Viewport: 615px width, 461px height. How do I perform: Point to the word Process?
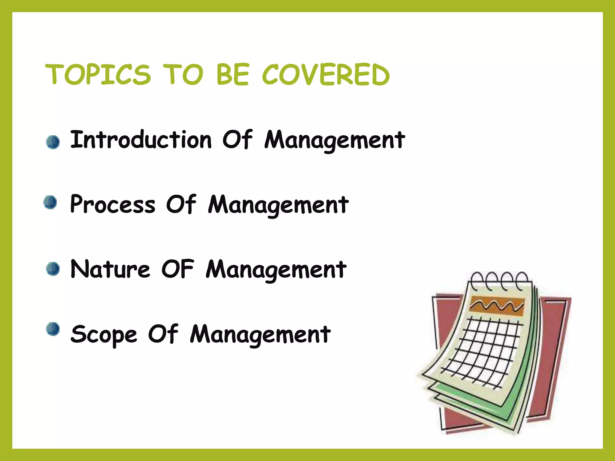[113, 204]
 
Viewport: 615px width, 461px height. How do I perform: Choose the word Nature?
[110, 269]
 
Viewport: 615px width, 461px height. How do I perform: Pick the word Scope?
[104, 334]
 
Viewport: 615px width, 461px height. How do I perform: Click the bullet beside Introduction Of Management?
[53, 142]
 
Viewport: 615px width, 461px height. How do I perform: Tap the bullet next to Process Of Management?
[50, 202]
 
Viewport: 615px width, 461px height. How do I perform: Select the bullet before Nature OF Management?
[53, 269]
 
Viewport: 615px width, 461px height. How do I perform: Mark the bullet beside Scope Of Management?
[53, 329]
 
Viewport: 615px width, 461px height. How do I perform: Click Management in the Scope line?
[260, 334]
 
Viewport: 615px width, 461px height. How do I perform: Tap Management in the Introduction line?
[335, 140]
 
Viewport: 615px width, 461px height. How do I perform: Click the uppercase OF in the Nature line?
[178, 269]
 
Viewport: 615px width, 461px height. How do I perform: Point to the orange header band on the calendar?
[497, 306]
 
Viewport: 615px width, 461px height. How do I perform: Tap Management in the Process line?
[278, 205]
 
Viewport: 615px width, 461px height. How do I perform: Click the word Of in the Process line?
[181, 204]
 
